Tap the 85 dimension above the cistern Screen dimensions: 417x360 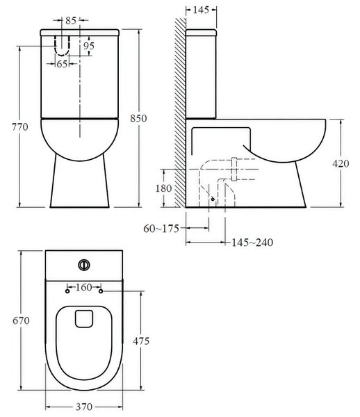click(x=69, y=21)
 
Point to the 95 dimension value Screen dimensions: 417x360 click(x=89, y=46)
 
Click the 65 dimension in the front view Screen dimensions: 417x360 click(x=62, y=63)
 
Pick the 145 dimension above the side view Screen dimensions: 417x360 click(x=201, y=10)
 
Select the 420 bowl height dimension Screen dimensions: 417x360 click(x=341, y=164)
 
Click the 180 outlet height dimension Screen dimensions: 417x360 click(x=163, y=188)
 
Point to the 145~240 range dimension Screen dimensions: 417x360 click(x=252, y=242)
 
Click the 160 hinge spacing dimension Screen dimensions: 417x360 click(x=84, y=286)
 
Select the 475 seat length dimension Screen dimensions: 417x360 click(x=140, y=341)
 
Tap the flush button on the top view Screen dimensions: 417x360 click(x=84, y=264)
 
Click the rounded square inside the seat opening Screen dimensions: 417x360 click(x=84, y=317)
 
